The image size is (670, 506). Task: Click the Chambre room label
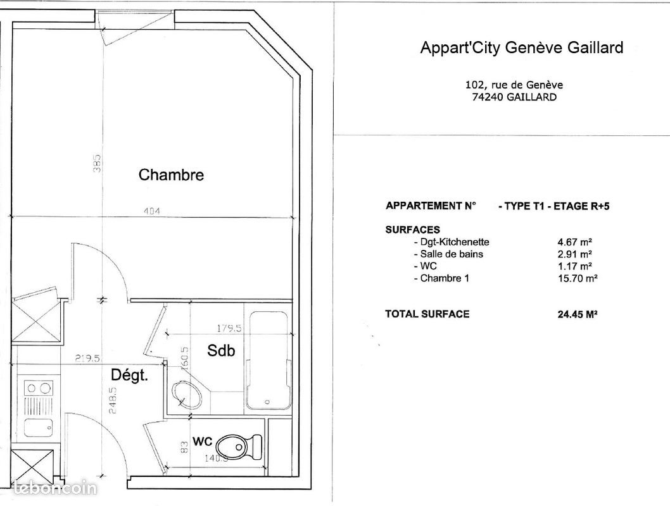coord(171,175)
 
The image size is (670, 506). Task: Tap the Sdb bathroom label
coord(221,350)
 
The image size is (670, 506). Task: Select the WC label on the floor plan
coord(202,441)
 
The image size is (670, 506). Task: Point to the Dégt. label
coord(129,375)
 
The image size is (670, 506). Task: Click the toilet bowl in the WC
coord(239,446)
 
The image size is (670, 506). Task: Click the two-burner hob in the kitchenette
coord(38,388)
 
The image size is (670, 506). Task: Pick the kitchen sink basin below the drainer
coord(38,428)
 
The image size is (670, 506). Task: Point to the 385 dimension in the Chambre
coord(97,163)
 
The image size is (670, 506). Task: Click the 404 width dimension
coord(152,211)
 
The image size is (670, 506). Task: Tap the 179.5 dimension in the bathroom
coord(229,328)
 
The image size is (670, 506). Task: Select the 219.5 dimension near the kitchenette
coord(87,359)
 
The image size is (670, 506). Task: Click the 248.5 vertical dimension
coord(113,400)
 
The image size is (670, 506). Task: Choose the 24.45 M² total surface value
coord(578,314)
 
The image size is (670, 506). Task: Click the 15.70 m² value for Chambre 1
coord(578,278)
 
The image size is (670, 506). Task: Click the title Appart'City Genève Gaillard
coord(522,47)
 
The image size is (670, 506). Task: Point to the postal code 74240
coord(488,97)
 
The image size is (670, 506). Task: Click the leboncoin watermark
coord(55,488)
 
